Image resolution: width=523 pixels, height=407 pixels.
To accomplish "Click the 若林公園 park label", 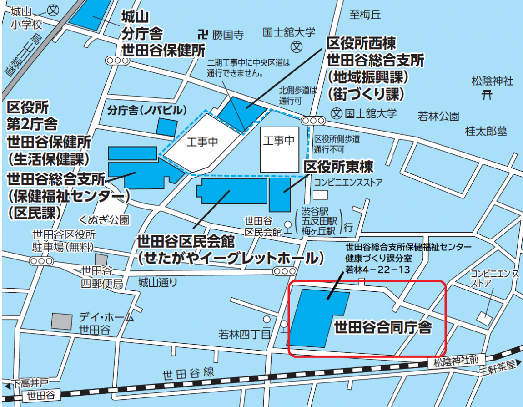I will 438,116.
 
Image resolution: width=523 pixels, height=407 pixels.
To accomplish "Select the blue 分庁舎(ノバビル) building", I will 166,127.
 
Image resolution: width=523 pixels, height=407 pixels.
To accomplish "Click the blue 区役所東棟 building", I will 279,195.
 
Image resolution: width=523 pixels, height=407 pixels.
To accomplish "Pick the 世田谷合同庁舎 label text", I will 382,327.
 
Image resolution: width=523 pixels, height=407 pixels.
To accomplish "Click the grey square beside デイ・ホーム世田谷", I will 61,321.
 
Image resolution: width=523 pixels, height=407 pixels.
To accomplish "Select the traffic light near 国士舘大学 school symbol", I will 313,121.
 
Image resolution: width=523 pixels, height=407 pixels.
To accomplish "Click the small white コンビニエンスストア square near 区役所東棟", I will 320,194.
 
